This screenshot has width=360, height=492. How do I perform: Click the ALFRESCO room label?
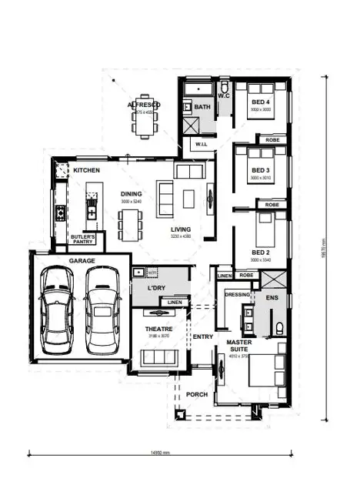click(144, 105)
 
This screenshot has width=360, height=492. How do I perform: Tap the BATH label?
click(202, 107)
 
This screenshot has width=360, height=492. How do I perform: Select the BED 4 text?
click(262, 102)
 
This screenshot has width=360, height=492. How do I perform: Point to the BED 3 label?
click(261, 170)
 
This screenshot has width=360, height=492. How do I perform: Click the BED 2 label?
click(261, 252)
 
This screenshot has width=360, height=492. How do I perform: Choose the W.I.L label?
click(201, 144)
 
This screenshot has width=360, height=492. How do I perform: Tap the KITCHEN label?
click(87, 169)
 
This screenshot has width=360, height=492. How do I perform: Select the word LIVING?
click(181, 229)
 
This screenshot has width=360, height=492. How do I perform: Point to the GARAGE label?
click(82, 261)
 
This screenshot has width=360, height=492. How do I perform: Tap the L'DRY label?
click(157, 288)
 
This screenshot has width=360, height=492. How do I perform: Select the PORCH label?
click(197, 394)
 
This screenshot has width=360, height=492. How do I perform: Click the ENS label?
click(272, 296)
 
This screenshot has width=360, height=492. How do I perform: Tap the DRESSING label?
click(237, 294)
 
